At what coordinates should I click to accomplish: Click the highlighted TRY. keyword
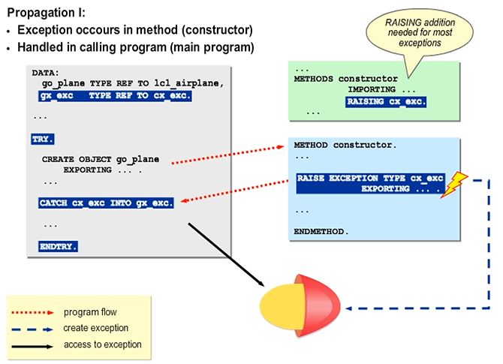[44, 139]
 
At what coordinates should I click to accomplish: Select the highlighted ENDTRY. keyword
[59, 245]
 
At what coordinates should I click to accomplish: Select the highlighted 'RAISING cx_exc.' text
[387, 101]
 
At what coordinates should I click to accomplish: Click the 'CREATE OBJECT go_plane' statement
[101, 160]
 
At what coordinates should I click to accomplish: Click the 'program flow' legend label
[90, 311]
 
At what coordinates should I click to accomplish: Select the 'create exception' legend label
[95, 328]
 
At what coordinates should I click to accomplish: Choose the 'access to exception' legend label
[102, 344]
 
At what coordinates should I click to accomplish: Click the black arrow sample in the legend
[33, 345]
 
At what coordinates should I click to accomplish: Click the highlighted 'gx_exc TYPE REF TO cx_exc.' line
[116, 96]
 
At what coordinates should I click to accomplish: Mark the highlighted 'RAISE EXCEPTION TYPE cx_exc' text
[370, 179]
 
